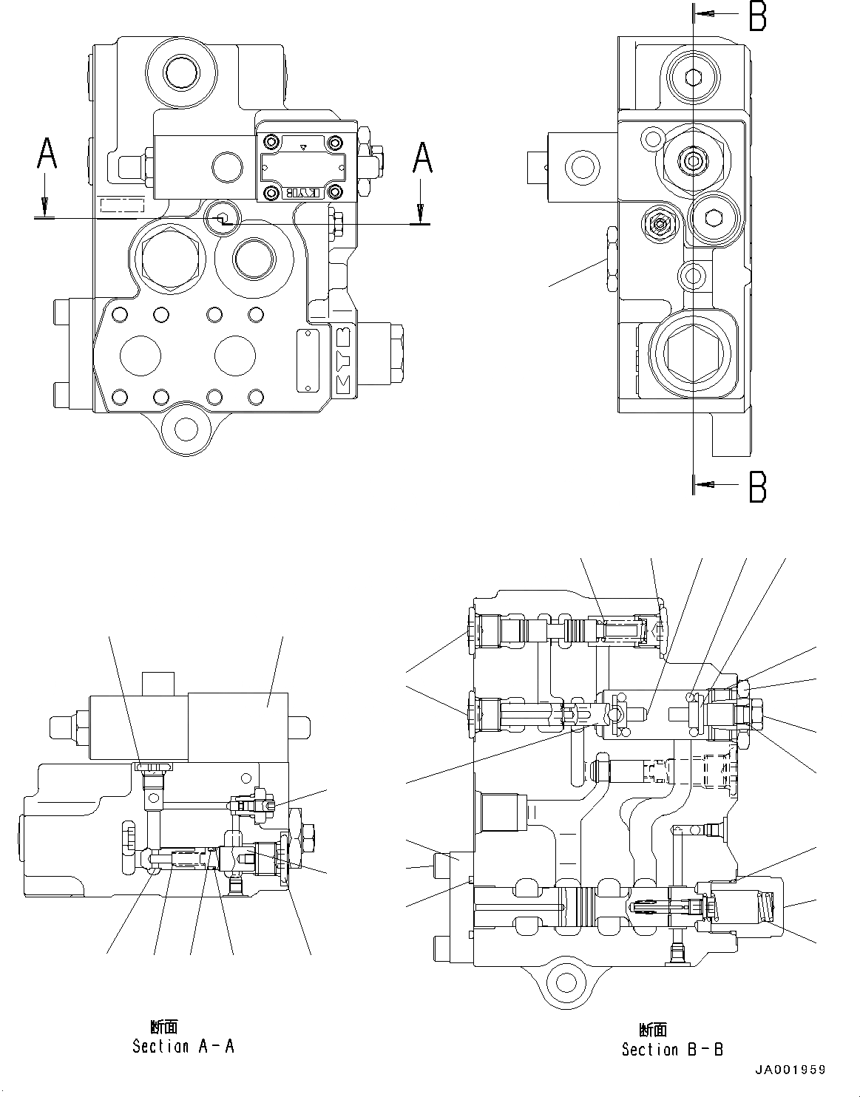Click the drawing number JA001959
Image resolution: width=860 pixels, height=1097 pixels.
[x=790, y=1070]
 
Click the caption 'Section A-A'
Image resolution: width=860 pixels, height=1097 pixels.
[x=183, y=1046]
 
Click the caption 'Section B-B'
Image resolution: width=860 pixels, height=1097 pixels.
[x=672, y=1049]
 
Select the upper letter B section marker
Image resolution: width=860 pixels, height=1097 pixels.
[x=757, y=16]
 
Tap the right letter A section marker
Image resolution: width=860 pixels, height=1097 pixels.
[x=421, y=157]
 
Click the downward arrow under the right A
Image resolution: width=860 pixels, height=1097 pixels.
[x=421, y=212]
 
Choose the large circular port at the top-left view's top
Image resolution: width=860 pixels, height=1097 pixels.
[x=181, y=72]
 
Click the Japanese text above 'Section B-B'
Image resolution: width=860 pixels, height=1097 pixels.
[x=653, y=1030]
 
